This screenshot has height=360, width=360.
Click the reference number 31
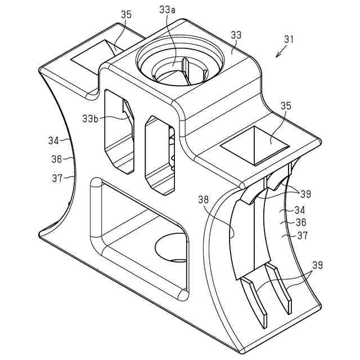pos(289,40)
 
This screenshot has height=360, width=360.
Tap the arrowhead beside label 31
pos(277,56)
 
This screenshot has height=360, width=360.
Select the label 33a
pos(168,10)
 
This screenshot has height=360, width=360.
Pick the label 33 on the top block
pos(237,35)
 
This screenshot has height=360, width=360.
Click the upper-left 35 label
pos(127,15)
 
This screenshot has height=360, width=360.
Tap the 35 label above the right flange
pos(286,106)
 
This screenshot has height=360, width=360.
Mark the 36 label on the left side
pos(56,159)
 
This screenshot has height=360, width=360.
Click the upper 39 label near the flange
pos(305,194)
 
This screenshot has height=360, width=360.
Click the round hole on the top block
pos(176,65)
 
